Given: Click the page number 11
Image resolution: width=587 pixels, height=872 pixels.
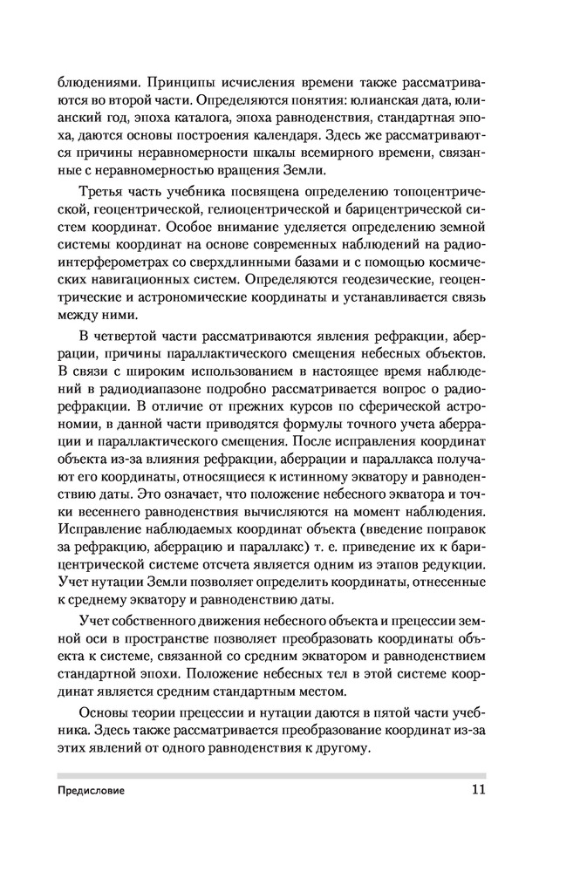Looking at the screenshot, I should tap(475, 792).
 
